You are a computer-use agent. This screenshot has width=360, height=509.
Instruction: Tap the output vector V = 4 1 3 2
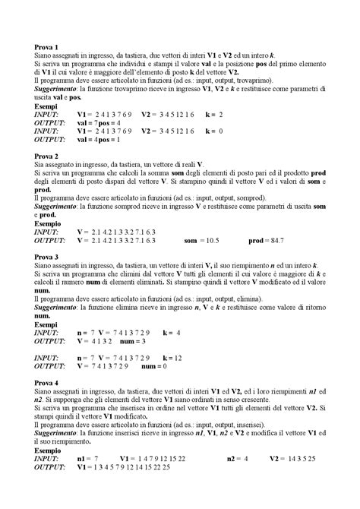click(x=95, y=342)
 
